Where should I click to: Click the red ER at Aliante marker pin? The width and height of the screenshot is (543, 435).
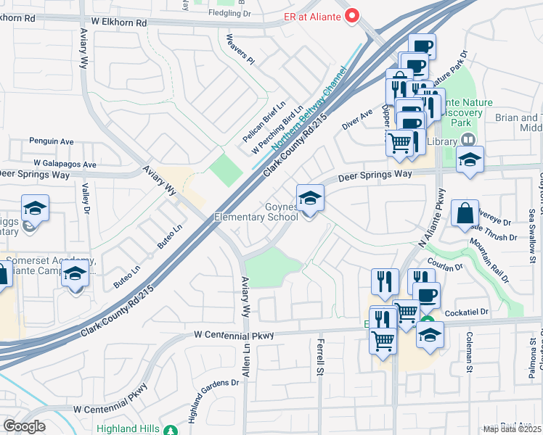point(353,15)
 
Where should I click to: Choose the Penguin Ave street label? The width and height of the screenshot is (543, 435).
point(52,141)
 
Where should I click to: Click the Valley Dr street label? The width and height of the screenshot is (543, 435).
point(86,199)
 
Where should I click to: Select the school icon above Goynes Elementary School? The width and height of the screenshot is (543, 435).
point(310,198)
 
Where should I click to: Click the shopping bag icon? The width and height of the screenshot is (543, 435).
point(465,214)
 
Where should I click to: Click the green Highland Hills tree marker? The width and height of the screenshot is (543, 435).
point(171,430)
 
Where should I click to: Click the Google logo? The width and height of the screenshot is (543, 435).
point(24,426)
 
